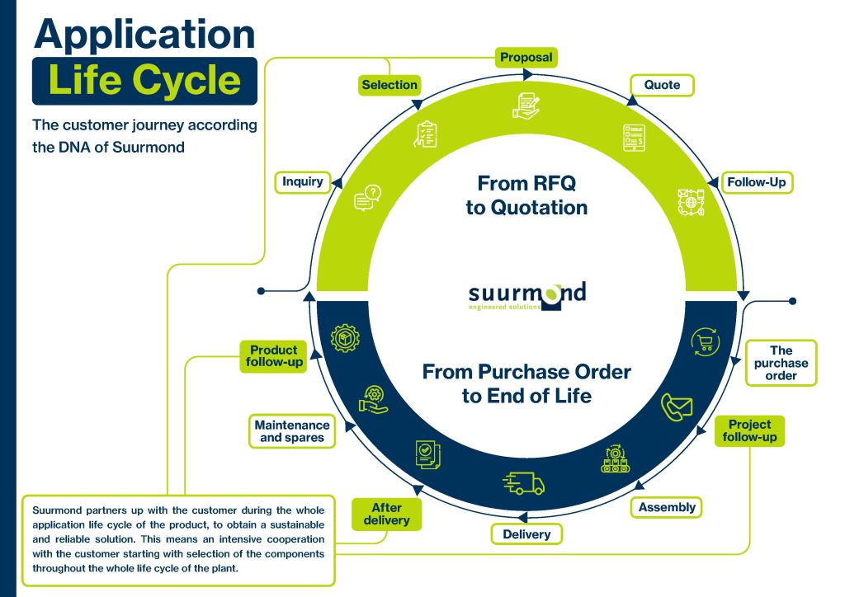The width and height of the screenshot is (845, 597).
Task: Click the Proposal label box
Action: tap(526, 58)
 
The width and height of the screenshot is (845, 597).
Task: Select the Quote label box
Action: tap(662, 85)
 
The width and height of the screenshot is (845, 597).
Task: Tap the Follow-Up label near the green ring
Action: tap(756, 181)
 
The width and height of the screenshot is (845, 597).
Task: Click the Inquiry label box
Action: tap(303, 181)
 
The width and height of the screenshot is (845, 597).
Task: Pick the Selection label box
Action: tap(389, 84)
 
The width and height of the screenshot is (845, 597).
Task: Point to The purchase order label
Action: tap(781, 363)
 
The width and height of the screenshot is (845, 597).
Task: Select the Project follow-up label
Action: tap(749, 430)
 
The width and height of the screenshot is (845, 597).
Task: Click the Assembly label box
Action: tap(667, 507)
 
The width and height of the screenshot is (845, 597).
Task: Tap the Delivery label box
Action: tap(526, 534)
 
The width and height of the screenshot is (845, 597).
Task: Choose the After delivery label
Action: tap(386, 514)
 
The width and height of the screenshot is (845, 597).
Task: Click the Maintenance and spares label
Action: tap(292, 430)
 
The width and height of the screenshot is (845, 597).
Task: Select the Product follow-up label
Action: tap(273, 355)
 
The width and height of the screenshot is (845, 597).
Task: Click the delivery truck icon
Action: tap(523, 482)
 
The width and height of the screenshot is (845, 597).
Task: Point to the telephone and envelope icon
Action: tap(677, 407)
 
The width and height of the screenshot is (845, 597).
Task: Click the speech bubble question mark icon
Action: tap(367, 198)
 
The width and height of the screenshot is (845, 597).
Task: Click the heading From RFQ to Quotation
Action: tap(526, 195)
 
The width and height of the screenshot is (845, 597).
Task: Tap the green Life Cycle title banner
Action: tap(144, 81)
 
